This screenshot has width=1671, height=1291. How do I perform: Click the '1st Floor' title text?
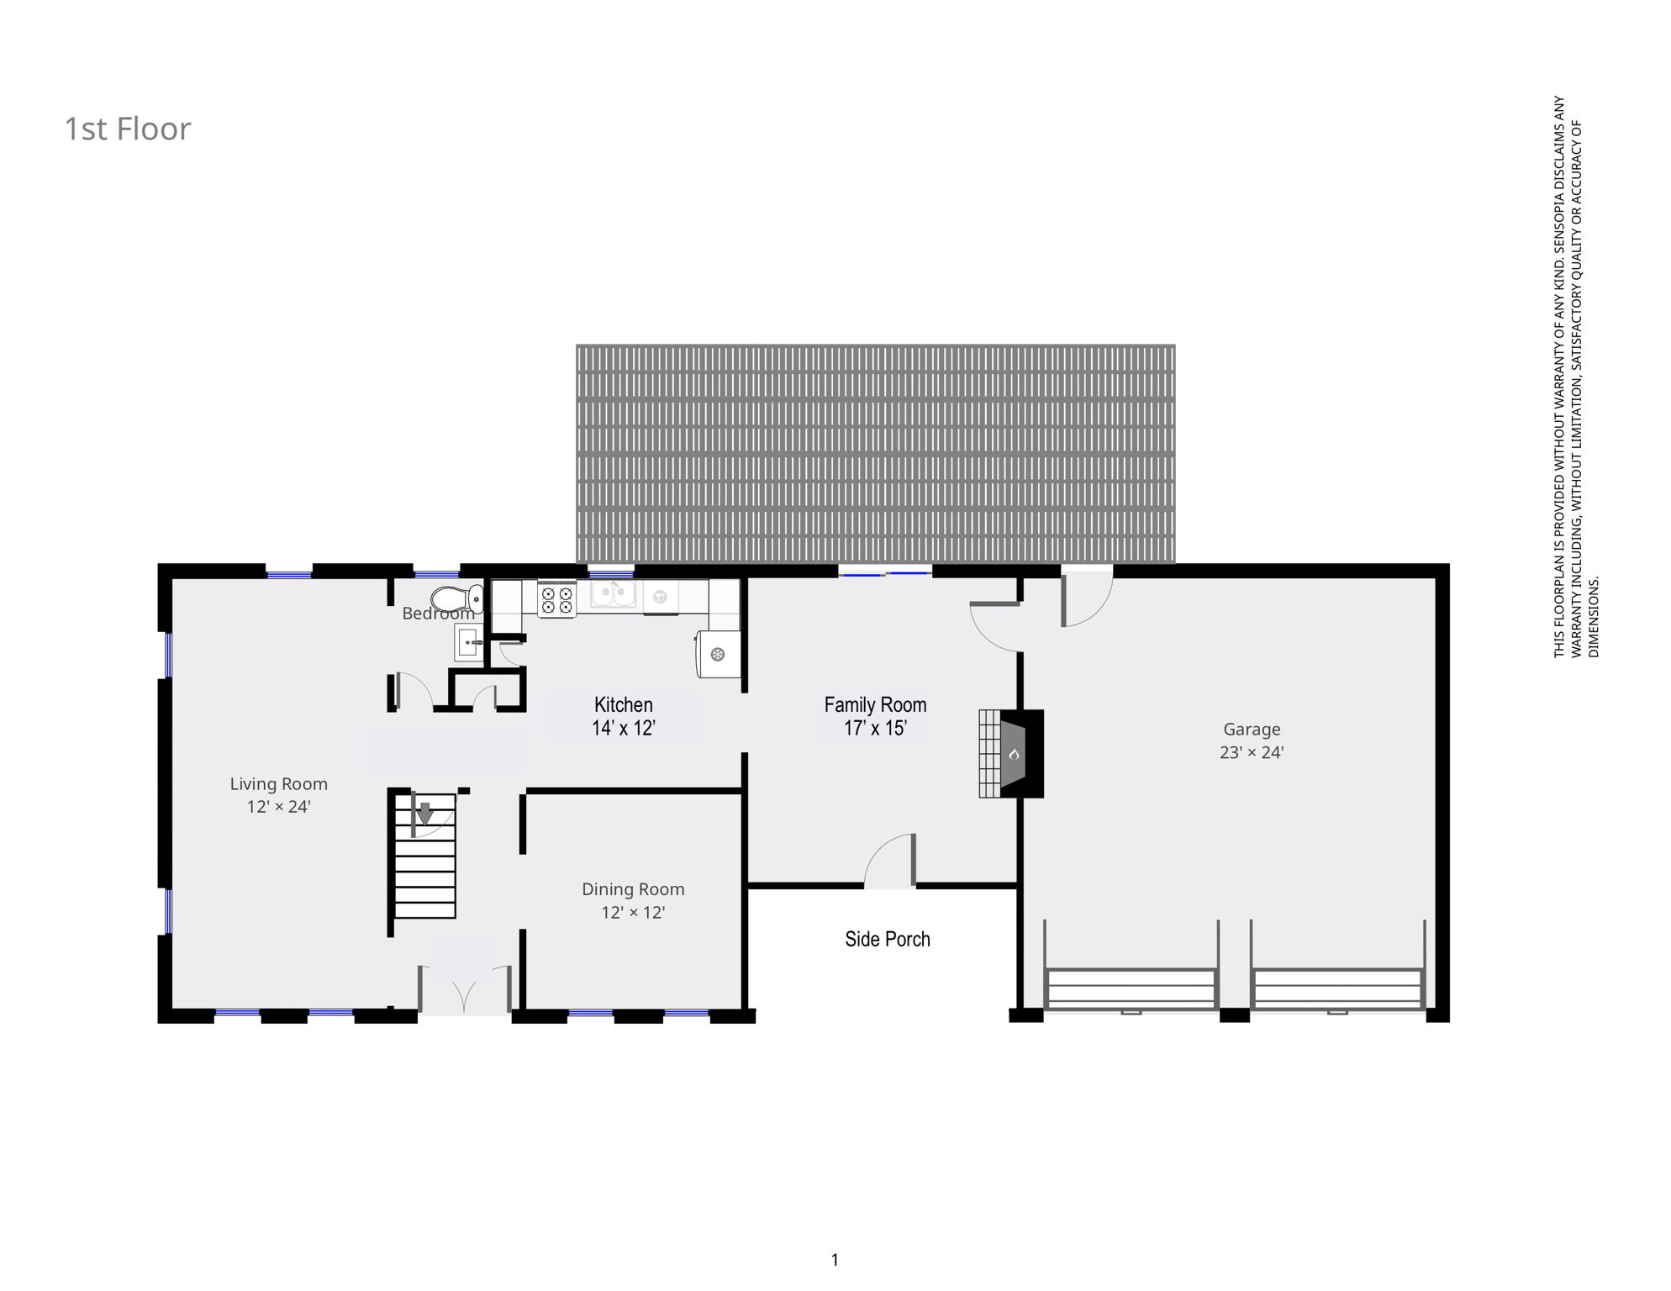tap(128, 129)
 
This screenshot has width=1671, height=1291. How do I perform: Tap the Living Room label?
tap(278, 784)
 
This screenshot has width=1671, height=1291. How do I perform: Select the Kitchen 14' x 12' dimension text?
tap(623, 729)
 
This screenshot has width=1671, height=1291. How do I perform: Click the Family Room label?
tap(875, 705)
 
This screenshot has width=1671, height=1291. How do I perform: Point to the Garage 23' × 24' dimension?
tap(1251, 753)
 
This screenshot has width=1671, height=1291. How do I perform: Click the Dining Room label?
tap(633, 889)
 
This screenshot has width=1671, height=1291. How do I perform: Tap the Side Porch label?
tap(887, 940)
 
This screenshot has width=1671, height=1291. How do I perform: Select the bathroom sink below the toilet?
tap(469, 645)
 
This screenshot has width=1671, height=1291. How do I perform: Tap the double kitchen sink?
tap(612, 594)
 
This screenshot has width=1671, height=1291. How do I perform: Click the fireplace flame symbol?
tap(1015, 754)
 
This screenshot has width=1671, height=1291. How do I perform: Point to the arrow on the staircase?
tap(424, 814)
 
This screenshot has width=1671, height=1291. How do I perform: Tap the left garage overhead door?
tap(1131, 989)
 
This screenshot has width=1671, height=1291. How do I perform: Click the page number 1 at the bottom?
tap(835, 1260)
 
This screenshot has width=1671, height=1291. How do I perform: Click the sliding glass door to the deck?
tap(885, 573)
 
